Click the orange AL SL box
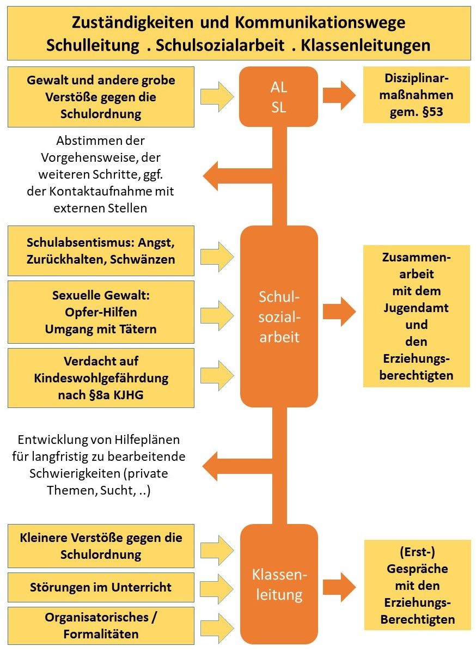[x=278, y=97]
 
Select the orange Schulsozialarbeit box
[x=278, y=316]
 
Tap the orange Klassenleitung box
[x=278, y=584]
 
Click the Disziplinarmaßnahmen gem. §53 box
[x=416, y=95]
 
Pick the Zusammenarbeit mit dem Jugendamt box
[x=416, y=316]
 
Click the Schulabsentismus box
[x=101, y=251]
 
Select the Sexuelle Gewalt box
[x=101, y=312]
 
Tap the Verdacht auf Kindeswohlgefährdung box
[x=101, y=378]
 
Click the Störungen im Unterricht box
[x=101, y=587]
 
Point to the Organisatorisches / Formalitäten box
[x=101, y=626]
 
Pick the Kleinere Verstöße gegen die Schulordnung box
[x=101, y=546]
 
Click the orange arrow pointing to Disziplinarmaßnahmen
[x=339, y=95]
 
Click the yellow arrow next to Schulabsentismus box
[x=217, y=255]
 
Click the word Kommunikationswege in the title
[x=320, y=23]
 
